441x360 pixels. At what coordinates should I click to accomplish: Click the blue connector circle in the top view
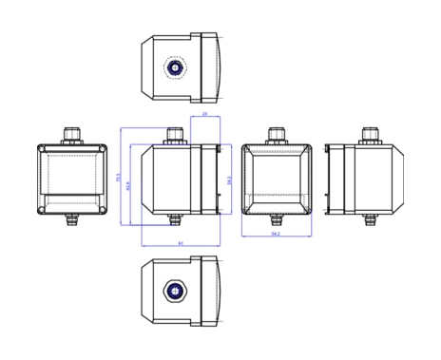click(x=175, y=68)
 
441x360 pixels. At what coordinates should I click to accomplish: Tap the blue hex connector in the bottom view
click(x=175, y=290)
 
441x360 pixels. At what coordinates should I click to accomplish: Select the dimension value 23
click(x=205, y=114)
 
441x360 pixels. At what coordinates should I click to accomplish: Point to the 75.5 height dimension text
click(x=119, y=177)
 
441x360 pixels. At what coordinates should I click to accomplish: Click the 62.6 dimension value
click(x=128, y=185)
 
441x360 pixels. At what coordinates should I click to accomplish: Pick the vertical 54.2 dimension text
click(x=229, y=179)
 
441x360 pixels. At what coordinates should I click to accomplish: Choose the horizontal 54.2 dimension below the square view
click(x=276, y=233)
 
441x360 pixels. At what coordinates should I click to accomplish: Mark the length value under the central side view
click(x=181, y=243)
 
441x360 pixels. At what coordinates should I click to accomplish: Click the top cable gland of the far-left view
click(x=72, y=135)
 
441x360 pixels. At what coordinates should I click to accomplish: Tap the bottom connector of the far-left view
click(x=72, y=221)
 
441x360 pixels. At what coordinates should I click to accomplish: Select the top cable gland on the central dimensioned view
click(x=174, y=135)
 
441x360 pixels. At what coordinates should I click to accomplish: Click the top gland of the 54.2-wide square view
click(x=276, y=135)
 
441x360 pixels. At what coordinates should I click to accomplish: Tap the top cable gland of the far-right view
click(x=370, y=135)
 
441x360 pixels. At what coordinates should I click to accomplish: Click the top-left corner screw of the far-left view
click(x=42, y=149)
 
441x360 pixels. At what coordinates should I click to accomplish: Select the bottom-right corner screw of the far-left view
click(x=104, y=210)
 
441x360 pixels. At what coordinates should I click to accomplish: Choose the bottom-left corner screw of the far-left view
click(x=42, y=210)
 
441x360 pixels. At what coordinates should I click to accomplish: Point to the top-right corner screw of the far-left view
click(x=104, y=149)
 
